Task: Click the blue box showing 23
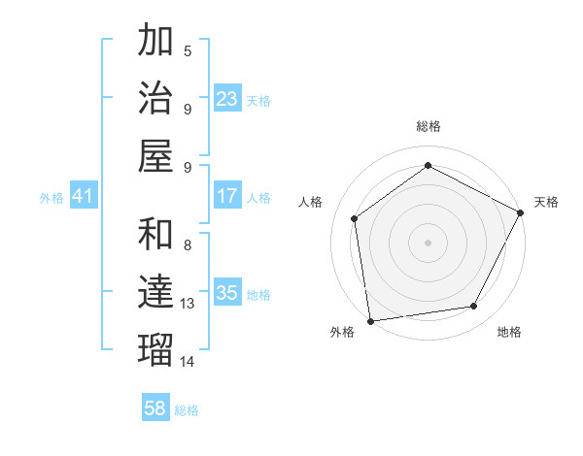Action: tap(227, 99)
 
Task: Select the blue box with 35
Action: tap(227, 294)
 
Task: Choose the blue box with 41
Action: tap(84, 197)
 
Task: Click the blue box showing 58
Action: tap(155, 408)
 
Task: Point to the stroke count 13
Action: tap(188, 304)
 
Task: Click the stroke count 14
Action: tap(188, 361)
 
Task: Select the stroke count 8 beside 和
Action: tap(188, 245)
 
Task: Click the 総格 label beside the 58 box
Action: tap(187, 410)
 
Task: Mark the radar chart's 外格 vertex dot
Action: tap(369, 320)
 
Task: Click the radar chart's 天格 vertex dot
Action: tap(521, 212)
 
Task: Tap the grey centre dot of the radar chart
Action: tap(428, 242)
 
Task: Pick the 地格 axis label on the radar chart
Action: tap(509, 332)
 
